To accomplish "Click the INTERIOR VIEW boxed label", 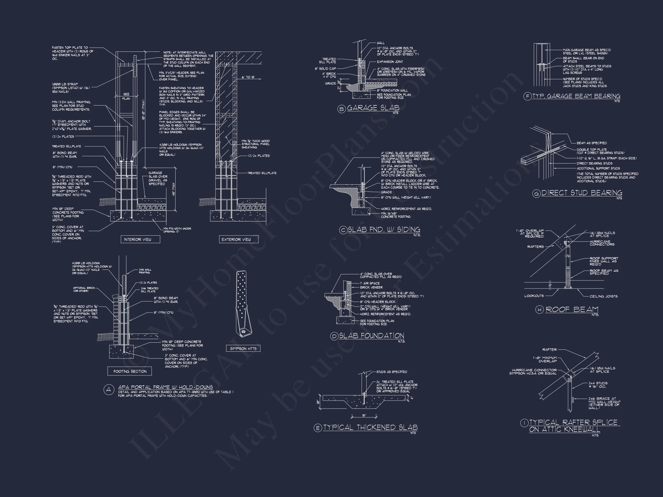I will point(140,239).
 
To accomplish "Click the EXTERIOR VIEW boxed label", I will point(239,239).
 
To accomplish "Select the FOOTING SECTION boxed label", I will point(130,371).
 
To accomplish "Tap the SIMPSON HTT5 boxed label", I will point(243,348).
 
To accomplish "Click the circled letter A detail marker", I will point(109,389).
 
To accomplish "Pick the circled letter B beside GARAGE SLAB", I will point(342,109).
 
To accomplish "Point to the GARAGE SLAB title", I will point(373,108).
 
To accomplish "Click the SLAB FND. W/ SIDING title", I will point(384,230).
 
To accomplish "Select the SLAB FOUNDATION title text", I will point(371,336).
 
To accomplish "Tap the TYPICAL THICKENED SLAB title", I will point(370,427).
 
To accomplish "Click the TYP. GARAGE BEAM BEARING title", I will point(576,96).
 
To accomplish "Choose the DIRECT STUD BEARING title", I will point(582,193).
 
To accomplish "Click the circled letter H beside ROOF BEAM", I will point(540,310).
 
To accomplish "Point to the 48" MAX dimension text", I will point(174,189).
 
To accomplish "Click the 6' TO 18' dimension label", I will point(248,77).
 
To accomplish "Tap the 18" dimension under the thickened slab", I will point(364,416).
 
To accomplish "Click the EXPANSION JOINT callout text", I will point(390,62).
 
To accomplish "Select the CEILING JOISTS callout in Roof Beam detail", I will point(603,296).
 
